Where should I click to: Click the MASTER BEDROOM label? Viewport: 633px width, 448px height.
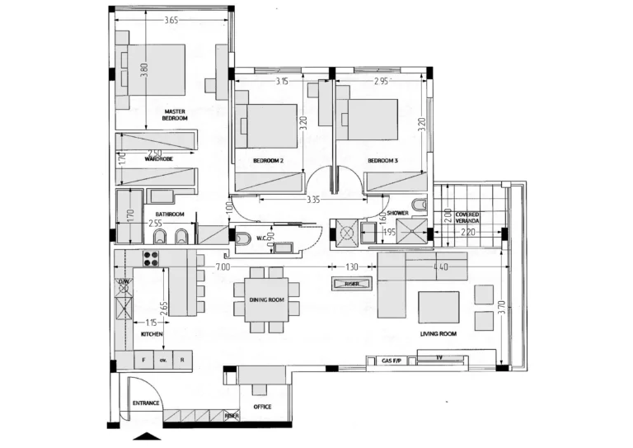174,115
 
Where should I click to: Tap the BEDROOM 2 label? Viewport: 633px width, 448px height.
268,161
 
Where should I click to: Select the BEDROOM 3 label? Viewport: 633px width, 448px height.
383,161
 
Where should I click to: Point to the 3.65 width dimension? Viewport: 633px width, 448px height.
170,20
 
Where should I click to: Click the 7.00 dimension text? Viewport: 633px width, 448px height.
223,267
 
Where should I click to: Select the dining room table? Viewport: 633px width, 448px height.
266,300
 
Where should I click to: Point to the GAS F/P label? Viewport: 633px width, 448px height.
392,361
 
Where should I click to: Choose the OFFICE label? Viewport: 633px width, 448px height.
262,407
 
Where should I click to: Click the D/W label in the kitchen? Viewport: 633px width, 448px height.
123,283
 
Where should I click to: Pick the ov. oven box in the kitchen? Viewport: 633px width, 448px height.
163,361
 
